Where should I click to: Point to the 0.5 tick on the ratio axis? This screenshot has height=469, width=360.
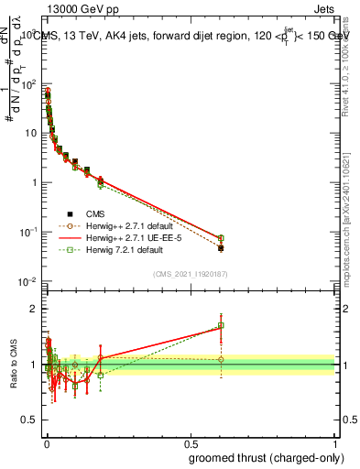pyautogui.click(x=34, y=422)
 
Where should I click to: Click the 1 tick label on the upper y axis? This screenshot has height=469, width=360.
pyautogui.click(x=35, y=182)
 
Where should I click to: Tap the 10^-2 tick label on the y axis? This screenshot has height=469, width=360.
pyautogui.click(x=29, y=281)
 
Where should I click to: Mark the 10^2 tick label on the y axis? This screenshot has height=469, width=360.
pyautogui.click(x=29, y=83)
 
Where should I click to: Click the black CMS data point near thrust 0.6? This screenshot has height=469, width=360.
pyautogui.click(x=221, y=247)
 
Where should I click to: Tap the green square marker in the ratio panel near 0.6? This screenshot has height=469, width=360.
pyautogui.click(x=221, y=325)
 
